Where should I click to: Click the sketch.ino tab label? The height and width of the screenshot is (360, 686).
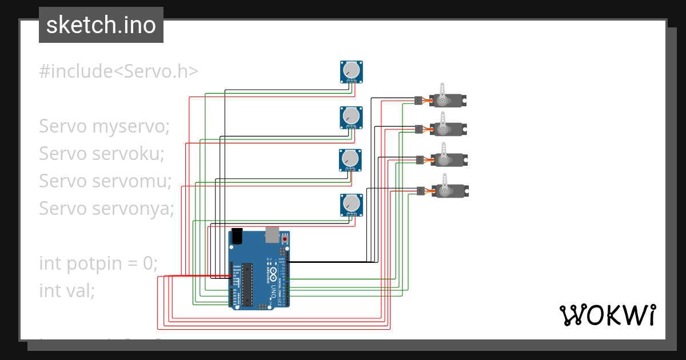pyautogui.click(x=101, y=25)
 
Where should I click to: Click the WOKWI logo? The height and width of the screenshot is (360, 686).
pyautogui.click(x=607, y=315)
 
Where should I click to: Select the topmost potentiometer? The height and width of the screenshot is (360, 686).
pyautogui.click(x=352, y=71)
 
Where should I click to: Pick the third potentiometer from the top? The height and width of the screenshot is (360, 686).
pyautogui.click(x=350, y=159)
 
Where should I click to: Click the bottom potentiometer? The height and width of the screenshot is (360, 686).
pyautogui.click(x=352, y=205)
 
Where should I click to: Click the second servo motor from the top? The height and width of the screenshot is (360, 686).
pyautogui.click(x=446, y=129)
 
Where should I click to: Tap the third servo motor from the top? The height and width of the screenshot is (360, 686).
pyautogui.click(x=447, y=159)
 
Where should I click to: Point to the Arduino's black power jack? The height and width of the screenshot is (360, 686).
pyautogui.click(x=237, y=237)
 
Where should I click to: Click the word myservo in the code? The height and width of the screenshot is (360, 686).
pyautogui.click(x=130, y=126)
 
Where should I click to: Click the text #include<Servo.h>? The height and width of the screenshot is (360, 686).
pyautogui.click(x=118, y=71)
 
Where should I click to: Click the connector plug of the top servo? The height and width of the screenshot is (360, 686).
pyautogui.click(x=418, y=101)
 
